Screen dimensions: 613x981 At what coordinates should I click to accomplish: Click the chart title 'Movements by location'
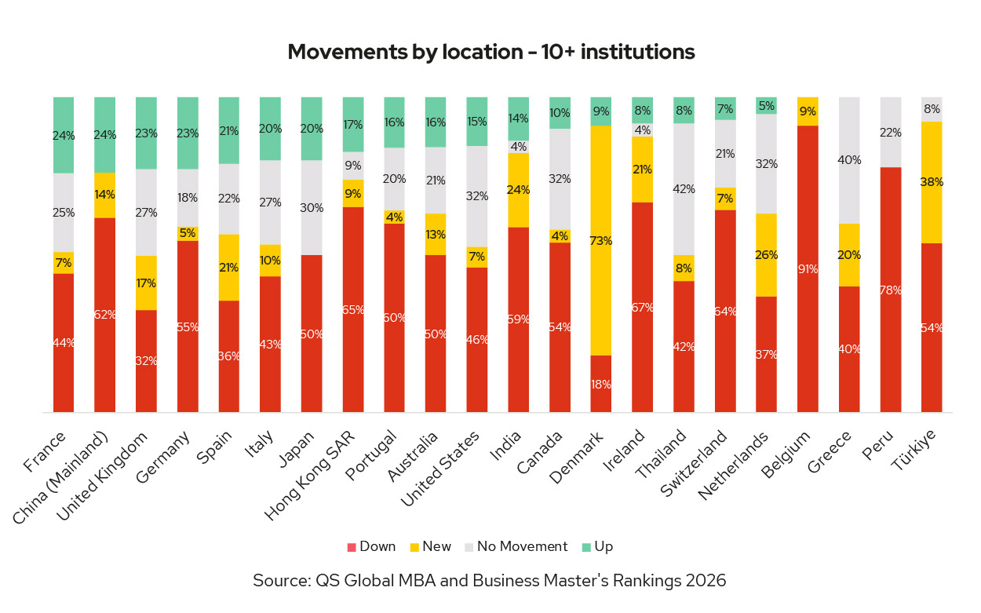point(491,52)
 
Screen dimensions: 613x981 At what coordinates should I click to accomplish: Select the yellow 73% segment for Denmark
point(601,240)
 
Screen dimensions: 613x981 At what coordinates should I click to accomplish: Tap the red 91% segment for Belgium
point(808,268)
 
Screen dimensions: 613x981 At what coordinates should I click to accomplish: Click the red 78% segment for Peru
point(890,289)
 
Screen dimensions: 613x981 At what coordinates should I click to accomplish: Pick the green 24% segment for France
point(64,135)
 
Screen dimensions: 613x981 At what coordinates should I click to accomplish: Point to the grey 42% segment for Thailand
point(684,188)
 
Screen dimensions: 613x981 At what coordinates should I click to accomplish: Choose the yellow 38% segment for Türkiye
point(932,182)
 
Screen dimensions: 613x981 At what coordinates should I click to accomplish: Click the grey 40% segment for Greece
point(849,160)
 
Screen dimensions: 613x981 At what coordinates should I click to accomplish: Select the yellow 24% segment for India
point(518,190)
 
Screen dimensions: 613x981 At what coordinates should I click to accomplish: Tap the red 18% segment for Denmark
point(601,384)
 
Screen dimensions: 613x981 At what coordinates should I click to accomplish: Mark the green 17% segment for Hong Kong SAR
point(353,124)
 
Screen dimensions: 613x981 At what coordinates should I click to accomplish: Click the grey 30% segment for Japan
point(312,207)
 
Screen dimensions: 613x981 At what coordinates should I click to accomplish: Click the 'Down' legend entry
point(372,546)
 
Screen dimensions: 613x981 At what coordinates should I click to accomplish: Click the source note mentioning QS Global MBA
point(490,581)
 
